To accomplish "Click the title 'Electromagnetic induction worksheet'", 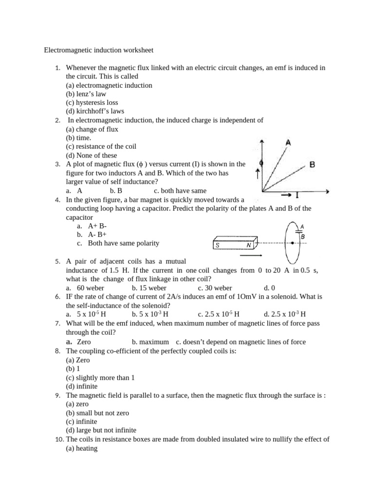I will [99, 50].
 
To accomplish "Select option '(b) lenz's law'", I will [86, 94].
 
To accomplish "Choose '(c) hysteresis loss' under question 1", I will [92, 102].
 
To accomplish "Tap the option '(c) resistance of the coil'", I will [101, 146].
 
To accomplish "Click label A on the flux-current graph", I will [289, 143].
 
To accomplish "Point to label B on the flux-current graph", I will [312, 165].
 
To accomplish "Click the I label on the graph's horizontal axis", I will [297, 195].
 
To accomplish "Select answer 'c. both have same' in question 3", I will [180, 191].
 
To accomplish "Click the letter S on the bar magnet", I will [218, 246].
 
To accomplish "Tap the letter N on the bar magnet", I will [249, 246].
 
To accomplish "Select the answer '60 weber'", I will [87, 288].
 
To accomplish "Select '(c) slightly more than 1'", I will [100, 378].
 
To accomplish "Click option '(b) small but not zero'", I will [97, 413].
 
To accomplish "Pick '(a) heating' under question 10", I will [81, 448].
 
